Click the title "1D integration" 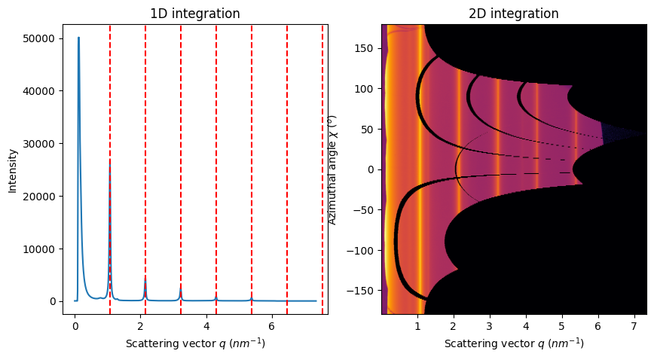195,14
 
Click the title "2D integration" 514,14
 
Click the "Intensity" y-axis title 12,169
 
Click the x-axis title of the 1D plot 195,343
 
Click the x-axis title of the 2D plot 514,343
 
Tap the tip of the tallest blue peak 78,38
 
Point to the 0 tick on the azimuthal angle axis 372,169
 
